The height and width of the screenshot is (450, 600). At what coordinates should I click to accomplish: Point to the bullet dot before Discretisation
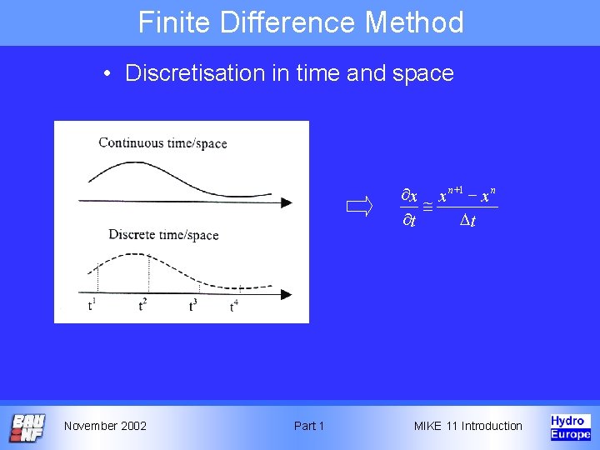point(108,74)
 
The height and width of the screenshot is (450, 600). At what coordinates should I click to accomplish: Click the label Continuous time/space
point(162,142)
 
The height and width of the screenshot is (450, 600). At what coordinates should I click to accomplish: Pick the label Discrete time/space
point(163,234)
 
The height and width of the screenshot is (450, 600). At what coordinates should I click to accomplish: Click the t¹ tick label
point(92,305)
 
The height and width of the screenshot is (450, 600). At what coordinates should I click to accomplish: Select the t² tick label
point(143,305)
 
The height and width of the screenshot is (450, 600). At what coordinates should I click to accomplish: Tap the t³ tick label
point(192,305)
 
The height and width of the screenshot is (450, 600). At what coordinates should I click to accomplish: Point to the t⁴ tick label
point(234,307)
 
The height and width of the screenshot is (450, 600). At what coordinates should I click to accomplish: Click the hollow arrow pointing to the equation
point(360,207)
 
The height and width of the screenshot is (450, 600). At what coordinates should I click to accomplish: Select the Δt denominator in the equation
point(468,221)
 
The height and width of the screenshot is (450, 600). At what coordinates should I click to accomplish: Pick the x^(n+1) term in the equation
point(453,194)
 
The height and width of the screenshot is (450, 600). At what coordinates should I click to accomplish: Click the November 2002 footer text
point(105,426)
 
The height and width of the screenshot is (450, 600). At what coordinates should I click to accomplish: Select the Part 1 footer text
point(309,426)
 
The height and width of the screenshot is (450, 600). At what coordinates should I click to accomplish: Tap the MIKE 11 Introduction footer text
point(468,426)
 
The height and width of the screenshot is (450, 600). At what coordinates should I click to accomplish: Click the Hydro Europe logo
point(570,426)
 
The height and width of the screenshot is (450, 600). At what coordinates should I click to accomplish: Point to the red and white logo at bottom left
point(27,427)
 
